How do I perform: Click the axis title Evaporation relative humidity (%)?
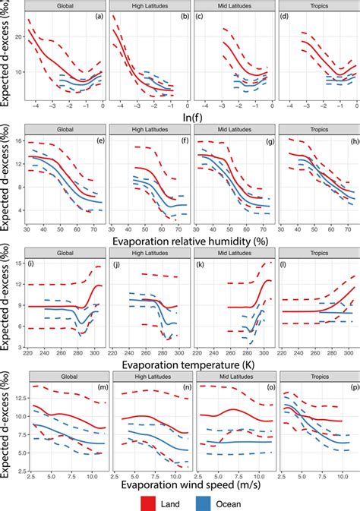point(191,239)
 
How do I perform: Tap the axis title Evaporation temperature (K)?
point(191,363)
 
